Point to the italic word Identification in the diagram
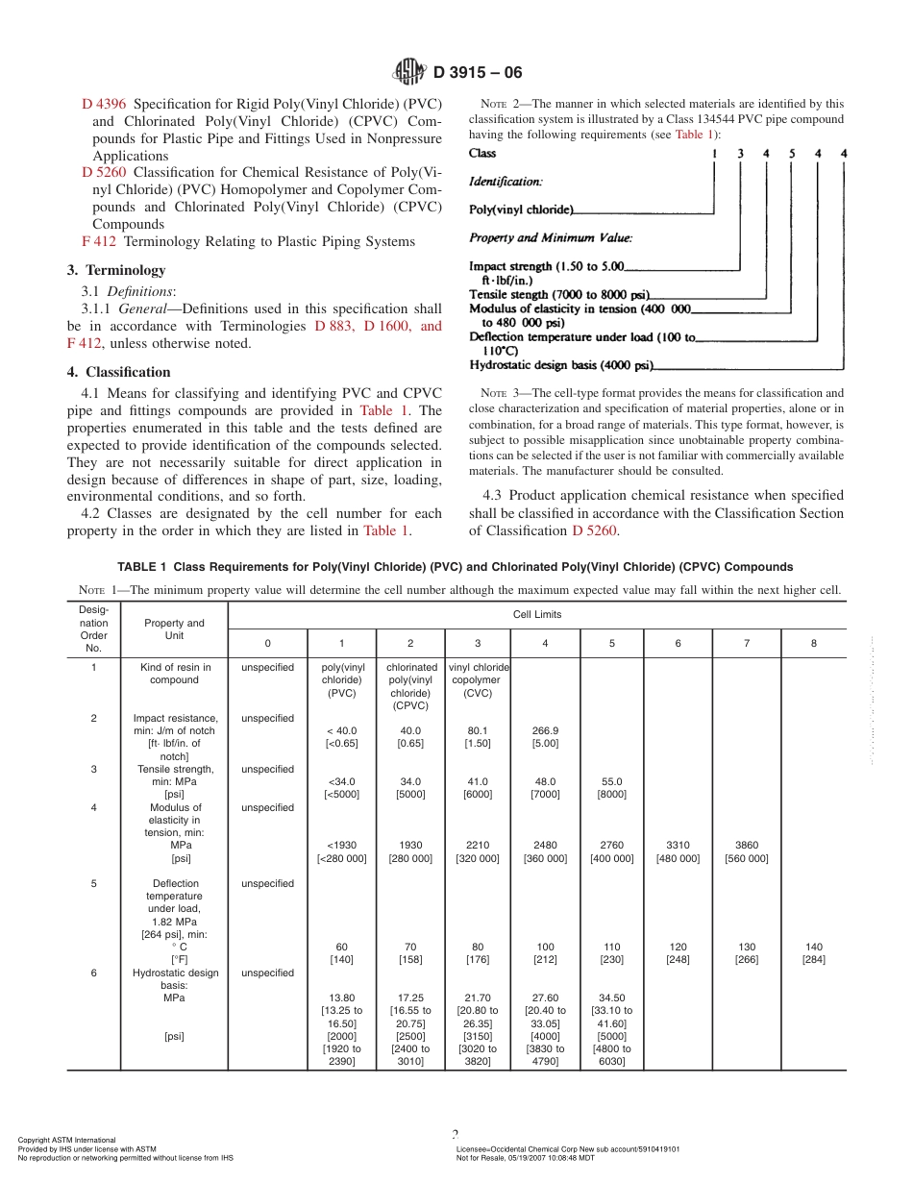point(506,181)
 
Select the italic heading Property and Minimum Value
point(550,237)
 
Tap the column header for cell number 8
point(813,644)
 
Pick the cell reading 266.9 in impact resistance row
point(545,730)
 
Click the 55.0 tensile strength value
point(612,781)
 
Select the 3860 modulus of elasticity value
point(746,846)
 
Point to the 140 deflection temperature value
point(813,947)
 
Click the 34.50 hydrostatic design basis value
point(612,997)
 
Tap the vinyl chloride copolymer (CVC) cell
point(478,679)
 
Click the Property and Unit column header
point(174,629)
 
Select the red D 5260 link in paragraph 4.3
point(594,530)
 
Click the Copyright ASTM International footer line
point(67,1140)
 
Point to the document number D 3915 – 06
point(478,72)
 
